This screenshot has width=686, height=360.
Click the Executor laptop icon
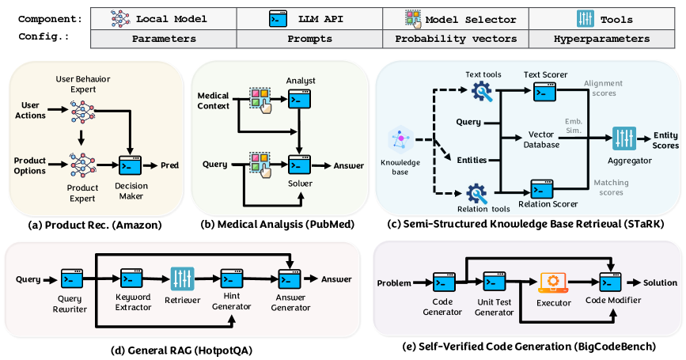(x=549, y=282)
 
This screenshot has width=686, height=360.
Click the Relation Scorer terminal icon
(x=541, y=189)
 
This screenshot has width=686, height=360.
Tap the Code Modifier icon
(x=611, y=282)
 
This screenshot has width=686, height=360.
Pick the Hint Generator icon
(x=232, y=278)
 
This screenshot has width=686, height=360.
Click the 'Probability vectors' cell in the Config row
(x=455, y=38)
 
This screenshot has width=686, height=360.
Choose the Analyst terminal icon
(x=298, y=99)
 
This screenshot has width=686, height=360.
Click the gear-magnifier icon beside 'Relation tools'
(x=479, y=194)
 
